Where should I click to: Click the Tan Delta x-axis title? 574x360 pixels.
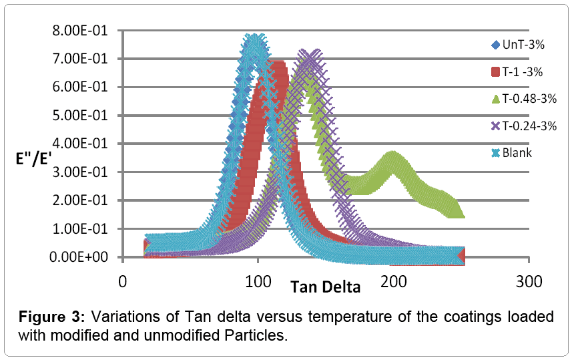325,288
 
